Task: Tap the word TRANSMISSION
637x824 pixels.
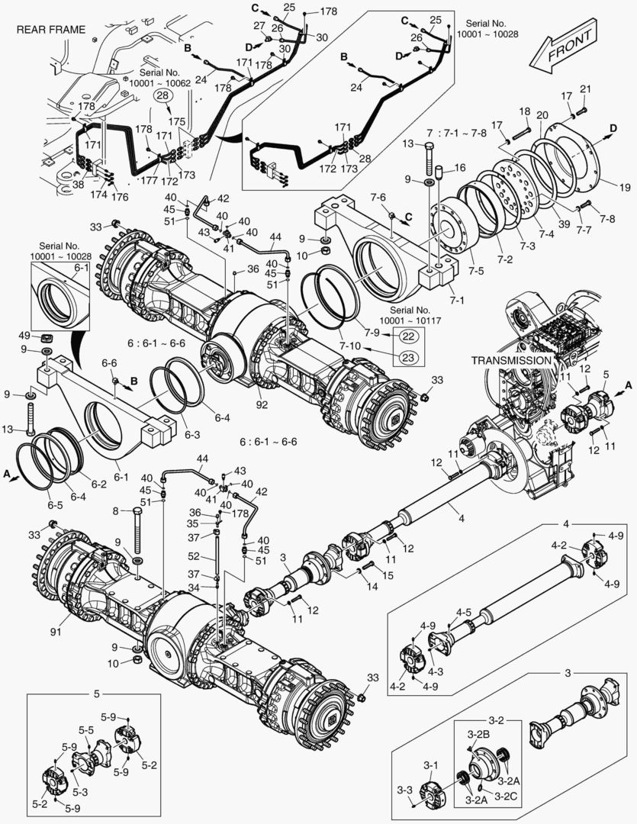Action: click(x=510, y=359)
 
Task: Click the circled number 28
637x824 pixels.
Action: click(x=162, y=95)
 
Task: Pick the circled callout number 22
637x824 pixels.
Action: click(x=408, y=336)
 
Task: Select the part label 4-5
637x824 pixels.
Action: click(x=463, y=612)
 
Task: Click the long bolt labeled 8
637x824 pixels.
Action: click(x=137, y=530)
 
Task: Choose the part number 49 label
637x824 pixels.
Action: click(x=24, y=336)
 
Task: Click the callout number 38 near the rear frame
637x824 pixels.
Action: click(x=78, y=184)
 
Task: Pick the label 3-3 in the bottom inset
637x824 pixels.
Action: click(x=406, y=789)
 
